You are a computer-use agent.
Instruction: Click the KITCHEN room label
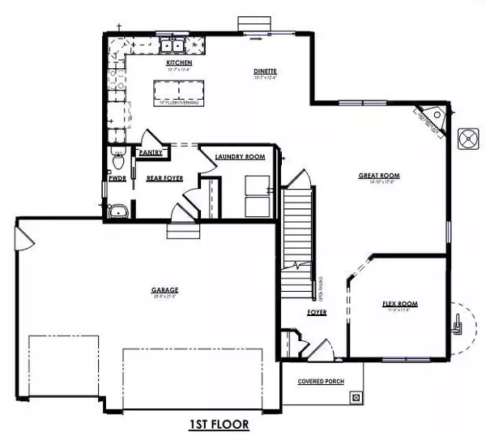click(178, 62)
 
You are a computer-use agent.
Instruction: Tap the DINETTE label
click(265, 71)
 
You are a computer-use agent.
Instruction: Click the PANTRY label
click(151, 152)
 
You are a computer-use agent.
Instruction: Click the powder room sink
click(118, 211)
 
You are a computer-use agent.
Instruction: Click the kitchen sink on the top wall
click(175, 42)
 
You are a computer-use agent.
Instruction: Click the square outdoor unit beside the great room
click(468, 138)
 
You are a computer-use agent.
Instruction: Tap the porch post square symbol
click(355, 397)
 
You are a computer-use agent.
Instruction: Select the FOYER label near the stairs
click(317, 312)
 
